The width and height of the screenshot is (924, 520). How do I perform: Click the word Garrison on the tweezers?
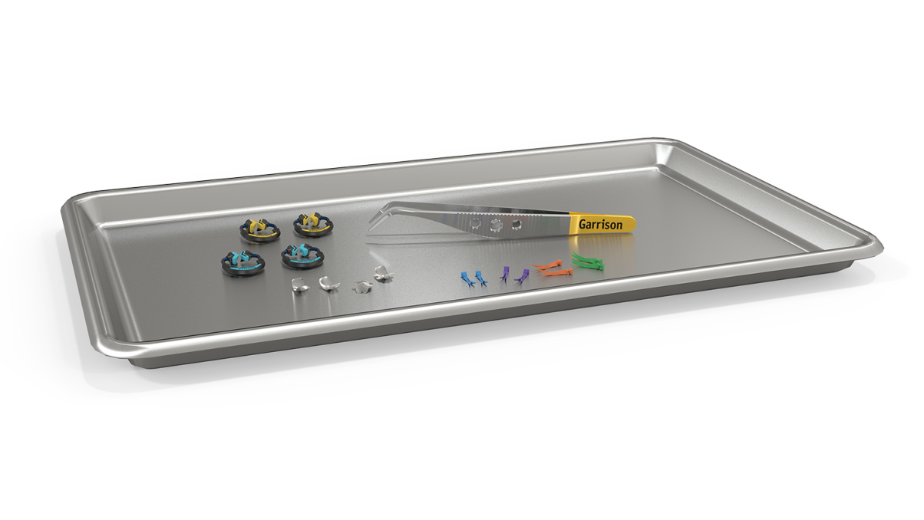(600, 224)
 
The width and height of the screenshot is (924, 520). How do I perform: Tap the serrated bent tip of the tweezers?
(378, 219)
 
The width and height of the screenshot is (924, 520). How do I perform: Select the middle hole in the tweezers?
(496, 225)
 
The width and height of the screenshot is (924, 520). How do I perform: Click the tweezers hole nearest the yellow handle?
(516, 224)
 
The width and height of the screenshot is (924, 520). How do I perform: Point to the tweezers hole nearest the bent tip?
(475, 224)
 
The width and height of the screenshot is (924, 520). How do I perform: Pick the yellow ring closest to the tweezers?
(313, 225)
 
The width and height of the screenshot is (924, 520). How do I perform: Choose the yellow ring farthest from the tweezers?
(260, 230)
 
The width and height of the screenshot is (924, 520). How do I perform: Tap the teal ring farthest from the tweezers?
(243, 262)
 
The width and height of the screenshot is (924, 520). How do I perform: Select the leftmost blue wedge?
(467, 278)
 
